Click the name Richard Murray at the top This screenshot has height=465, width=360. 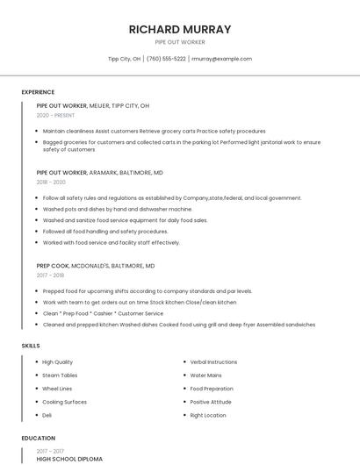[x=180, y=29]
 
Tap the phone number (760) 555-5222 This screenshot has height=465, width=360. [x=166, y=59]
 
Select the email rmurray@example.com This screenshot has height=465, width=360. [x=221, y=59]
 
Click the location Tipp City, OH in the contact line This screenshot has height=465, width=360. [x=124, y=59]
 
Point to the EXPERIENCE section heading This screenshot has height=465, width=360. [x=38, y=92]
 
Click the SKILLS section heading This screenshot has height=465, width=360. [x=31, y=346]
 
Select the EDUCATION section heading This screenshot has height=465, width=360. [x=38, y=438]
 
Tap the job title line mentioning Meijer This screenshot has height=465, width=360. [x=93, y=105]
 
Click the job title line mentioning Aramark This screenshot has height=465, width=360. [x=99, y=173]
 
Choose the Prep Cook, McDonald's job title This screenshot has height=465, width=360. [x=96, y=265]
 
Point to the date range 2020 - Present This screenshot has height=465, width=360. [x=55, y=115]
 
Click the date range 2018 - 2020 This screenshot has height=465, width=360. [x=51, y=182]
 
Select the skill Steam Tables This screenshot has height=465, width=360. [x=60, y=376]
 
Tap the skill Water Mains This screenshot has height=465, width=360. [x=206, y=376]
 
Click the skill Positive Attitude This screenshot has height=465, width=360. [x=211, y=402]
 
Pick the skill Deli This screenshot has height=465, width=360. [x=47, y=415]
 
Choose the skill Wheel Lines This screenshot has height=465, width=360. [x=57, y=389]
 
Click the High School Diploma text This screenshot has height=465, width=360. [x=69, y=459]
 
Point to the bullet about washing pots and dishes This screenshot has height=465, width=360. [x=117, y=209]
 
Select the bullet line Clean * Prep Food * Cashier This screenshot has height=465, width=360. [x=103, y=313]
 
